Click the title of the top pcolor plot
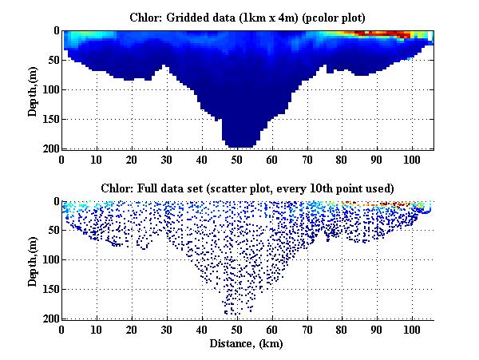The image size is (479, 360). click(x=247, y=16)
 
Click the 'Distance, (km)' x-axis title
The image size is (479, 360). click(x=247, y=344)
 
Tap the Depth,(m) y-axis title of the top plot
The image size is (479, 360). click(x=34, y=89)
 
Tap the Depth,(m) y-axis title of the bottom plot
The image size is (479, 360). click(x=34, y=260)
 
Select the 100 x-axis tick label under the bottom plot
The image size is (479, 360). click(x=412, y=329)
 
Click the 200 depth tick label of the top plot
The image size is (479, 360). click(x=50, y=148)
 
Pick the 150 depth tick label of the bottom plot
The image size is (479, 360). click(x=50, y=290)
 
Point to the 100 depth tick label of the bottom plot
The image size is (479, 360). click(x=50, y=260)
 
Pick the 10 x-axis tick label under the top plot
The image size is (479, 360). click(x=97, y=158)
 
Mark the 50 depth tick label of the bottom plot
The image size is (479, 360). click(x=53, y=231)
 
